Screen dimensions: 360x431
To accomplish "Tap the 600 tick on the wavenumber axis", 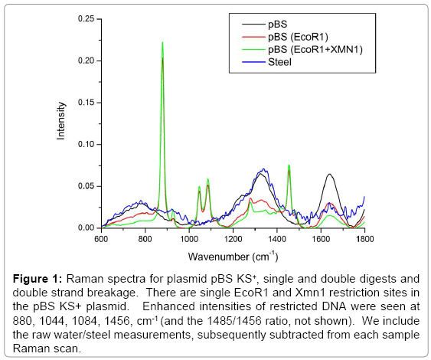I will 100,238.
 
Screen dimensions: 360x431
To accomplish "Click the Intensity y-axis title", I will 61,123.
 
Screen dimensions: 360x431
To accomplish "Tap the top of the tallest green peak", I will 162,43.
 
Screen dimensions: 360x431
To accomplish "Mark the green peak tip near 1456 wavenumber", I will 289,165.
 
